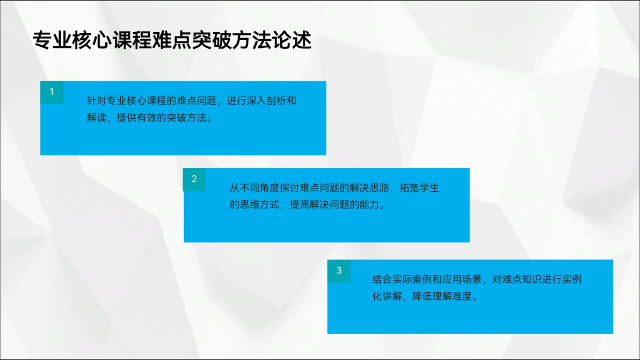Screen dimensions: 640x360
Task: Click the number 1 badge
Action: click(x=52, y=92)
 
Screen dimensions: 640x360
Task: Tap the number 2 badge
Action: click(x=194, y=179)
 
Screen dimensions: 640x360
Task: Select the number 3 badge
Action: click(x=339, y=271)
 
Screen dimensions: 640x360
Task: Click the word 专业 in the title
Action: click(x=52, y=40)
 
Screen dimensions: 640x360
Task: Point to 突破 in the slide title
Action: click(x=212, y=40)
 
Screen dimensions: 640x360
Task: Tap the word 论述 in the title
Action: click(x=292, y=40)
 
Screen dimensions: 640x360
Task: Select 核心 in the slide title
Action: click(x=92, y=40)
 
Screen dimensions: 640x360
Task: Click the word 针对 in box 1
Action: click(x=97, y=100)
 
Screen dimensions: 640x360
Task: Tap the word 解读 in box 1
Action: click(x=97, y=118)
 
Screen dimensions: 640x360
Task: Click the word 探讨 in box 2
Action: click(x=289, y=188)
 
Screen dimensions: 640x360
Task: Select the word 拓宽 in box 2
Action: click(x=409, y=188)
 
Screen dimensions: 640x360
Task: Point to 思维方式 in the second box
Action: click(x=259, y=205)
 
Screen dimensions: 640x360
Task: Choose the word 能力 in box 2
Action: click(x=369, y=205)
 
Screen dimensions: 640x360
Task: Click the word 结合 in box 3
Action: click(x=382, y=279)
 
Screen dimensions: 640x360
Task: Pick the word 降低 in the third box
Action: click(x=422, y=296)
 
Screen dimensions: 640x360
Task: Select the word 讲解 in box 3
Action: click(x=392, y=296)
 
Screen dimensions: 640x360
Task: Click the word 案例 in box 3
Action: click(x=422, y=279)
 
